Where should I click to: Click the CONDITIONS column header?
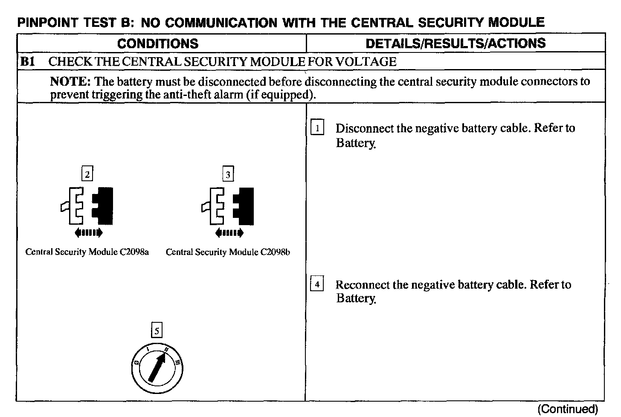tap(158, 43)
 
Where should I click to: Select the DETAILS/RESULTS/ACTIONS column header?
tap(456, 43)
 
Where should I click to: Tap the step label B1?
tap(27, 62)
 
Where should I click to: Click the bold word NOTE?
tap(70, 81)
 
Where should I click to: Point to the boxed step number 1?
tap(317, 128)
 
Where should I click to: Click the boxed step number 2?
tap(87, 174)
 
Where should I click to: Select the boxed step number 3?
tap(228, 174)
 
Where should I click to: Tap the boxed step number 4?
tap(317, 284)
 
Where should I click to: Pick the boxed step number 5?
tap(157, 330)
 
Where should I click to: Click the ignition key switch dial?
tap(157, 367)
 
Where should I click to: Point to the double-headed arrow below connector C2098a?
tap(88, 233)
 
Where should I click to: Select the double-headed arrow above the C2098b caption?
tap(229, 233)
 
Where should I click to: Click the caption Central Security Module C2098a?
tap(87, 252)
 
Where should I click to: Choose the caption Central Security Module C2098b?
tap(228, 252)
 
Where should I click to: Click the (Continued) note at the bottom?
tap(568, 409)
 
